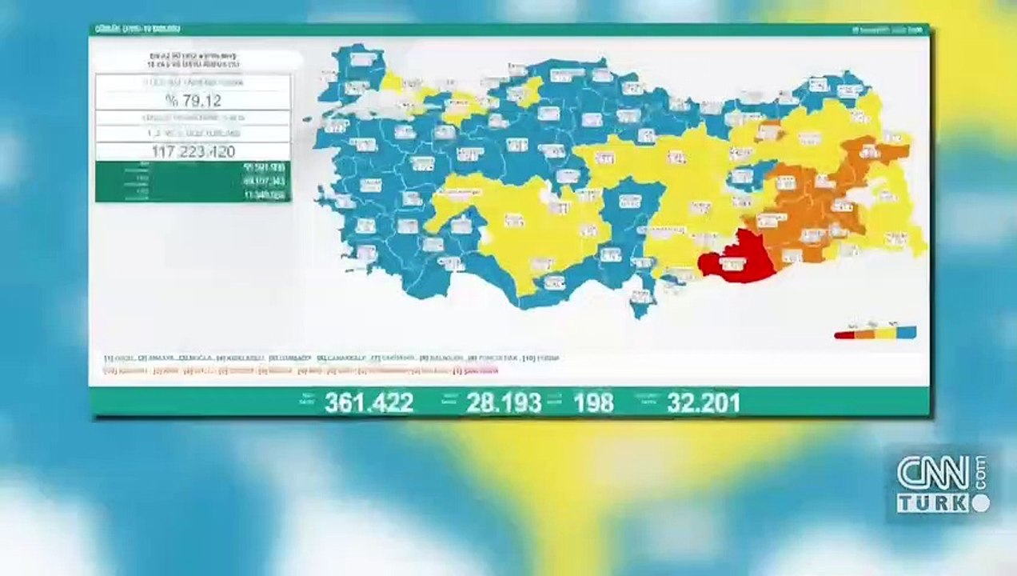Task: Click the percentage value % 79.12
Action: pos(193,100)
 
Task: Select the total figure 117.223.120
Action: pos(193,151)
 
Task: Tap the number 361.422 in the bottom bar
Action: pos(369,402)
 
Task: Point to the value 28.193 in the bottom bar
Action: pos(504,402)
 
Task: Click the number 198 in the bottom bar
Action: pos(593,402)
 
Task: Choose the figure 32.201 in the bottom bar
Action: pos(704,402)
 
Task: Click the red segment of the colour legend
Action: pos(844,334)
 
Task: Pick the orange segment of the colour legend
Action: pos(864,334)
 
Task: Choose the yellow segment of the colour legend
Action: pos(885,333)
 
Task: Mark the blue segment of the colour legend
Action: pos(906,332)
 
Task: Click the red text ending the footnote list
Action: pos(476,371)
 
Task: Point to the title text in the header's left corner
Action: pos(138,29)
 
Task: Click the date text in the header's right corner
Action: pos(887,30)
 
